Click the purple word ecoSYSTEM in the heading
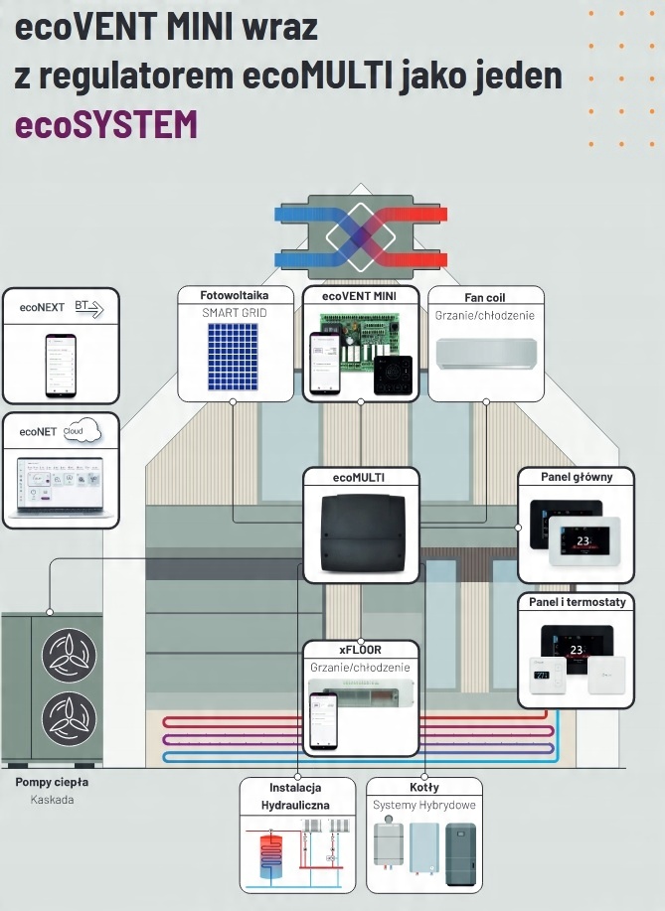[x=105, y=124]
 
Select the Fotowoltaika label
[x=235, y=296]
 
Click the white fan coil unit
[x=486, y=351]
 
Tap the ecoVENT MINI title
[x=360, y=296]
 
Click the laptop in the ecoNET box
[x=60, y=486]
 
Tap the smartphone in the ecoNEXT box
[x=60, y=365]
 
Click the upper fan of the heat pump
[x=69, y=655]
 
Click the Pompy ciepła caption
[x=53, y=782]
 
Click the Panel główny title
[x=577, y=477]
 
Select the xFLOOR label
[x=360, y=650]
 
